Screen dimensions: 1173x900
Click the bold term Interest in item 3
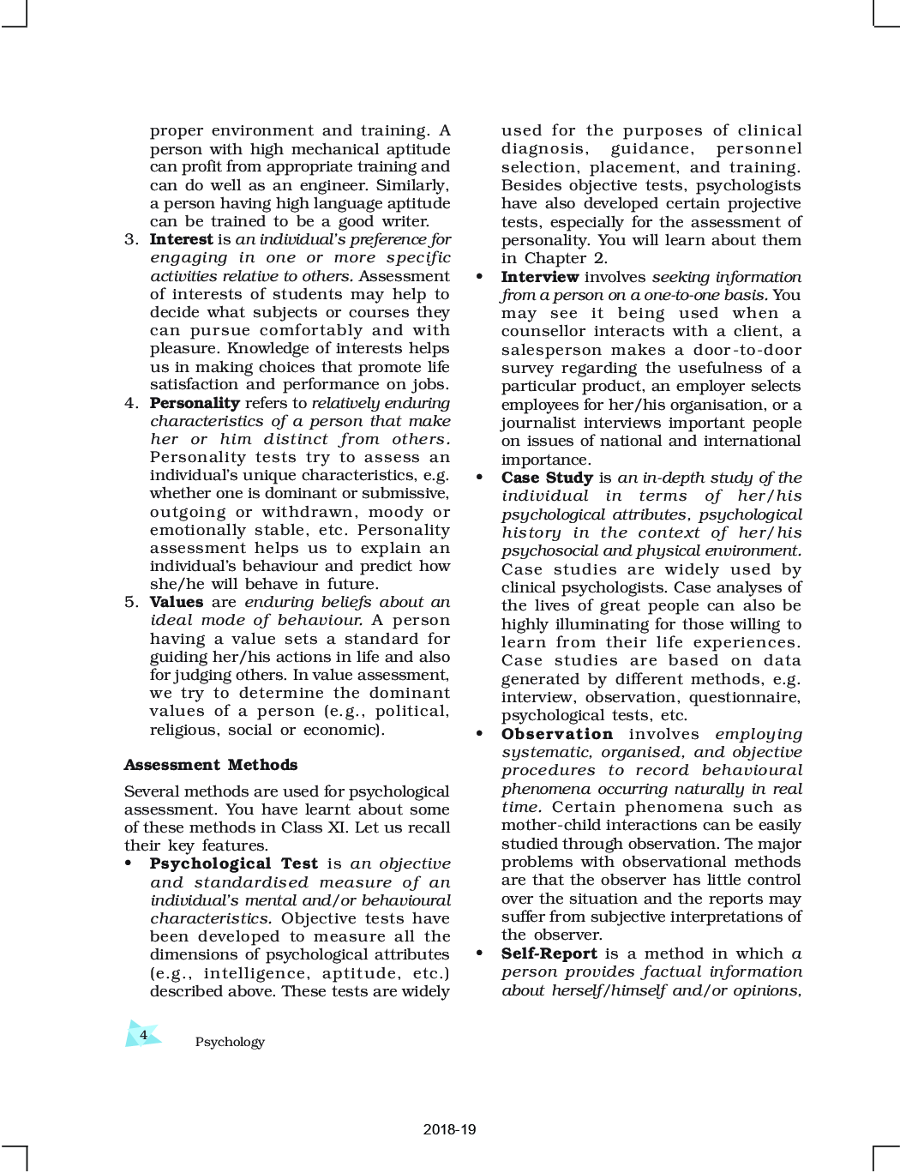[x=181, y=239]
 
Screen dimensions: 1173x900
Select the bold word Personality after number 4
[x=195, y=403]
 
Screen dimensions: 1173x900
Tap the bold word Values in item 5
[x=177, y=602]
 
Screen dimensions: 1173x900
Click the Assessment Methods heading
[x=211, y=765]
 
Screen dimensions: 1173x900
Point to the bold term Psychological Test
[x=234, y=864]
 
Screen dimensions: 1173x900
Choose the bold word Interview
[x=540, y=277]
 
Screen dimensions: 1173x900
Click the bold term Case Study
[x=547, y=478]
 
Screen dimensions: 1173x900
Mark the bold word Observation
[x=557, y=734]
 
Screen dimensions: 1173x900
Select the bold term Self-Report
[x=549, y=953]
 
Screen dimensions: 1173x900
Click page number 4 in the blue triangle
[x=143, y=1035]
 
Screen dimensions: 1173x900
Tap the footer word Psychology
[x=230, y=1042]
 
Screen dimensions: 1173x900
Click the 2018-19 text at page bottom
[x=449, y=1129]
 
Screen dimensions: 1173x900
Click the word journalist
[x=537, y=423]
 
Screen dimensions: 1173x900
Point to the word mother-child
[x=551, y=825]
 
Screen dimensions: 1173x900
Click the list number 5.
[x=130, y=602]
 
